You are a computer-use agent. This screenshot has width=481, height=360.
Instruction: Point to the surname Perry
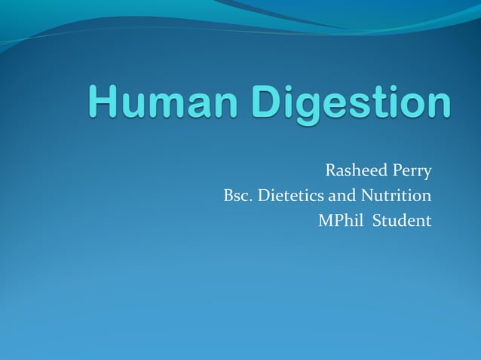point(412,172)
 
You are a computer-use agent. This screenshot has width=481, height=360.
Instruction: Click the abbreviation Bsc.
point(237,196)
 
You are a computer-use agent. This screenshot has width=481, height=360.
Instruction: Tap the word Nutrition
point(396,196)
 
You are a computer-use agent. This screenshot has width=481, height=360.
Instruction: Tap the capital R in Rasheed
point(330,171)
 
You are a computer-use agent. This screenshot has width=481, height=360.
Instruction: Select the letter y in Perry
point(427,174)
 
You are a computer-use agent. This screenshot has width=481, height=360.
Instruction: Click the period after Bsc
point(251,201)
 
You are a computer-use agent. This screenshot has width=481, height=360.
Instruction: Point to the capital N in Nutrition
point(365,196)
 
